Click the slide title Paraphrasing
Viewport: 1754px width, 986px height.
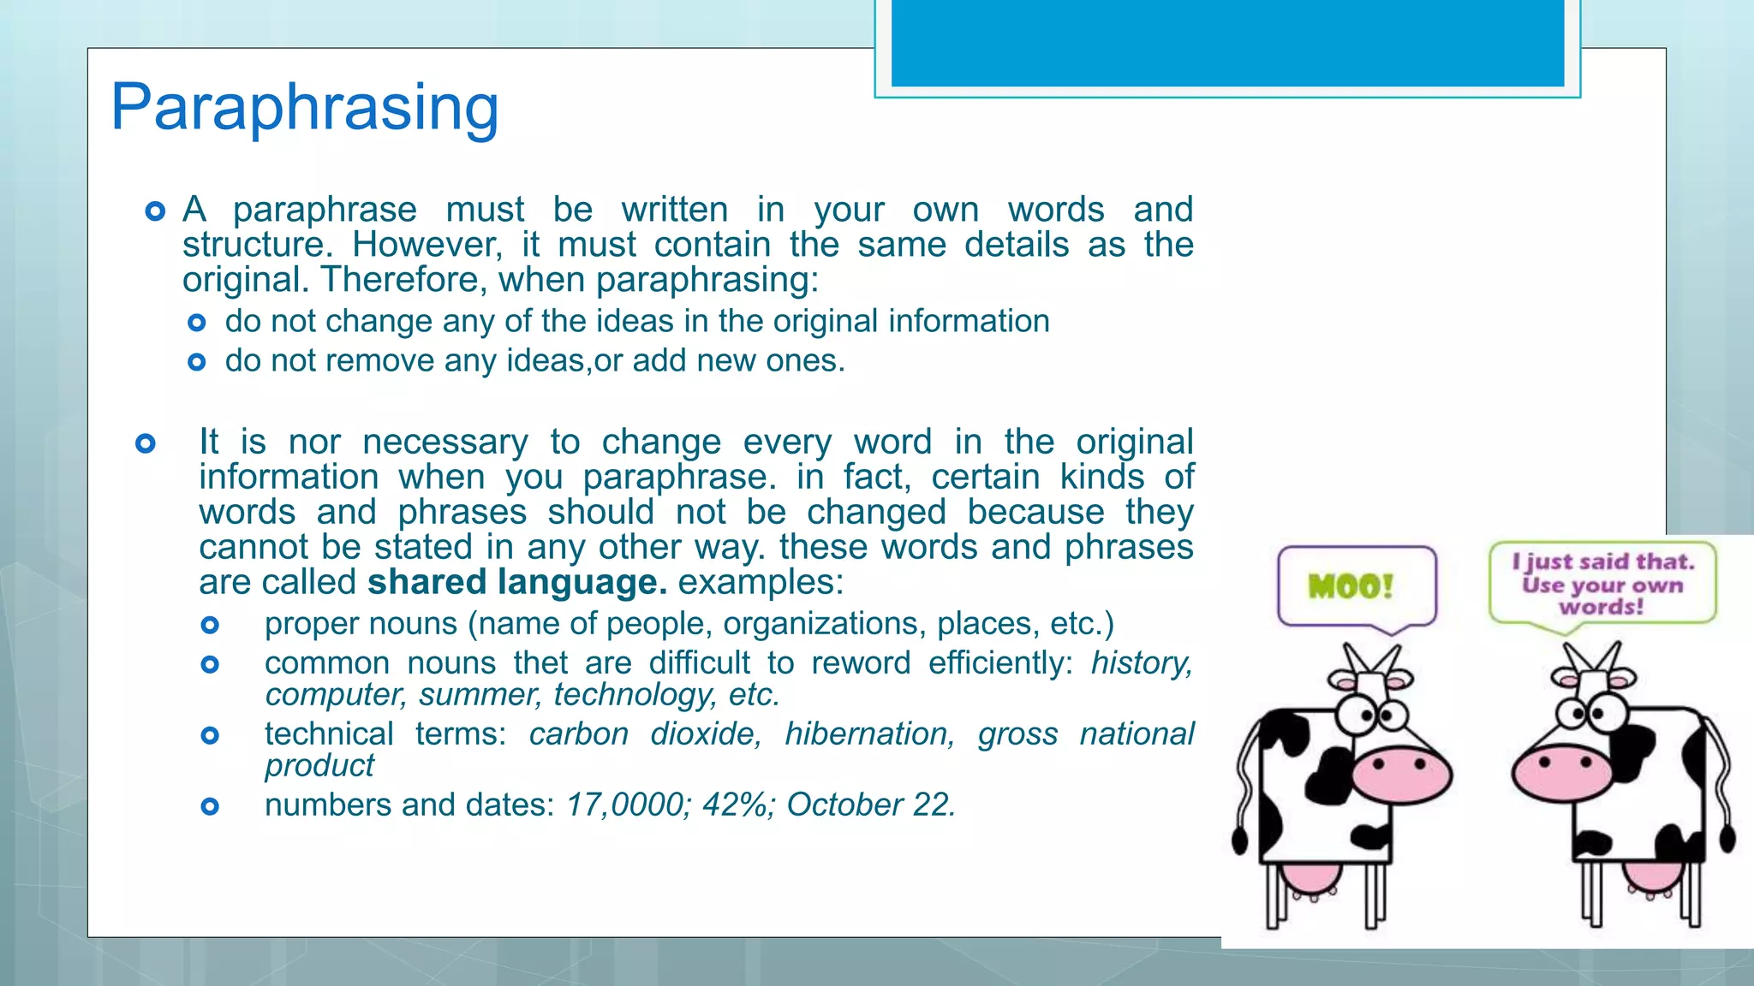pyautogui.click(x=305, y=108)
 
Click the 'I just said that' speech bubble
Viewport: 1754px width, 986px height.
pyautogui.click(x=1602, y=584)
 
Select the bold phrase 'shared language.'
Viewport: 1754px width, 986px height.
pyautogui.click(x=517, y=582)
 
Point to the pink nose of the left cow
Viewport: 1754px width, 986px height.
pyautogui.click(x=1401, y=775)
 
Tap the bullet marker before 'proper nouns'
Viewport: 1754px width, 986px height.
pyautogui.click(x=210, y=625)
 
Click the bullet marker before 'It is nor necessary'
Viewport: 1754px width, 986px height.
pyautogui.click(x=146, y=443)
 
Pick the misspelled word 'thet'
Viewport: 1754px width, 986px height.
pyautogui.click(x=540, y=662)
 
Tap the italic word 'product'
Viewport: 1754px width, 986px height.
pyautogui.click(x=319, y=765)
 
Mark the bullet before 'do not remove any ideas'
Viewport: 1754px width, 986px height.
pyautogui.click(x=197, y=362)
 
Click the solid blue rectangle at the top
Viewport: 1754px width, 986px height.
pyautogui.click(x=1227, y=43)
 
